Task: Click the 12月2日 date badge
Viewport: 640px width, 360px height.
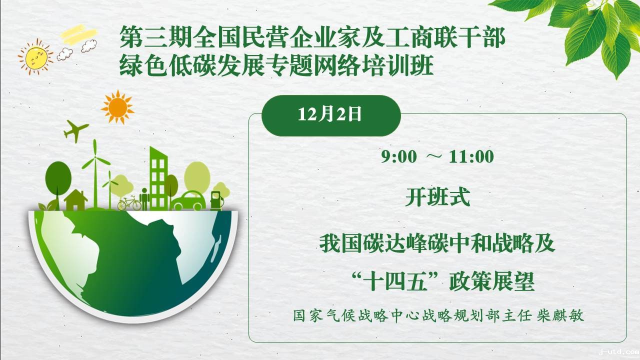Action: click(331, 115)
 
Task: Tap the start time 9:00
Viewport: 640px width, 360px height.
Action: click(399, 157)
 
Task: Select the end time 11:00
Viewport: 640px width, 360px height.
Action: click(471, 157)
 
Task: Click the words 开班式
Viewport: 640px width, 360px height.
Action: click(437, 197)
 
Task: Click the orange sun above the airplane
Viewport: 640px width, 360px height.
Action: click(117, 107)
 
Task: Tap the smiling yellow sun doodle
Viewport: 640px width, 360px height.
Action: click(35, 56)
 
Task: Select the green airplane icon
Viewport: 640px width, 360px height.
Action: click(75, 131)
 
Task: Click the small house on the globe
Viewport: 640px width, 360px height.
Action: click(75, 200)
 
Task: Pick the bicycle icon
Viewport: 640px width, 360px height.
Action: click(129, 203)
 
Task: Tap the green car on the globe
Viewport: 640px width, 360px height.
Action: click(188, 201)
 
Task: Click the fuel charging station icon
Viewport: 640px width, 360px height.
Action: click(216, 200)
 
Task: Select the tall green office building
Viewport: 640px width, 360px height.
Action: click(158, 178)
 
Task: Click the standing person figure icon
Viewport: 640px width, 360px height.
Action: click(144, 199)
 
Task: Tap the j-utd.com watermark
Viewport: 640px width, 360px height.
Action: click(619, 352)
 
